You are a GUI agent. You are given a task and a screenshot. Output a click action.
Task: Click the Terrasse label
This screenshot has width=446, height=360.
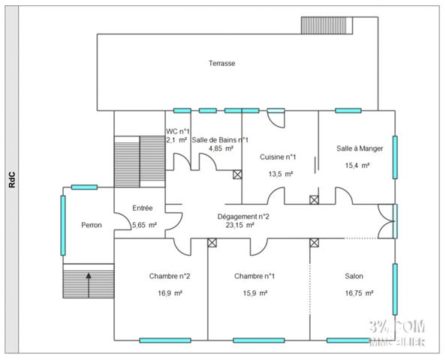221,64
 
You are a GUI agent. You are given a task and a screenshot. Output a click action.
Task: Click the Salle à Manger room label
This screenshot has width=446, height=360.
359,148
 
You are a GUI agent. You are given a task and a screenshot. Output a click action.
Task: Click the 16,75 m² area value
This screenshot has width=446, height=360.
359,293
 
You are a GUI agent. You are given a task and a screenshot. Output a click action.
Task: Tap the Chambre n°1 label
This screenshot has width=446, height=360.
254,276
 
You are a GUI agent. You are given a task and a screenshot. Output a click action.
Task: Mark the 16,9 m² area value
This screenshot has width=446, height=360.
170,293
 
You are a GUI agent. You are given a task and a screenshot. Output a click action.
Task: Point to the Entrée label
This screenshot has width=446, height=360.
143,208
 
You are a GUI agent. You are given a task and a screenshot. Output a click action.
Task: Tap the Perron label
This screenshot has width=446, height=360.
92,225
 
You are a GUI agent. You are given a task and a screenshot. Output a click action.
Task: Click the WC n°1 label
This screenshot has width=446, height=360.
178,131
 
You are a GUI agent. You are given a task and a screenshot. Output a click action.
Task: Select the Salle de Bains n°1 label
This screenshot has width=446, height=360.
220,139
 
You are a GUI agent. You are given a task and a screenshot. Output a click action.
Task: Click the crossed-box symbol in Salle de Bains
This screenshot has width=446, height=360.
237,175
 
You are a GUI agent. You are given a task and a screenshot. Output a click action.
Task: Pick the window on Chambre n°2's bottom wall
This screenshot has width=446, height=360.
164,340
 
